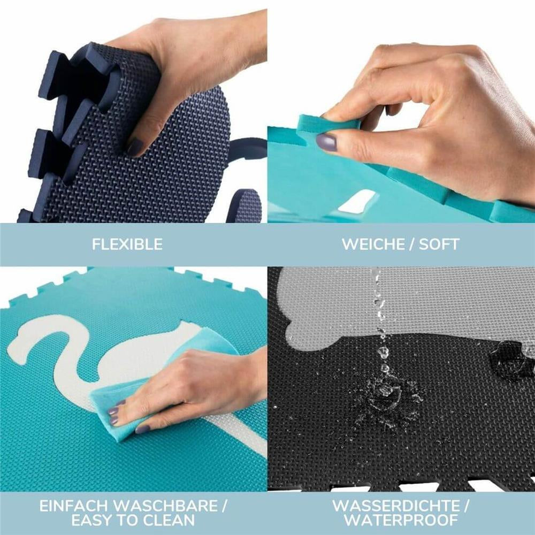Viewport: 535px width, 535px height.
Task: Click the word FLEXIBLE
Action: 127,244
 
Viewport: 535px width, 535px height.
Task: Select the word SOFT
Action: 439,244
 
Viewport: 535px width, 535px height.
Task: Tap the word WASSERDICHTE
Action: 396,506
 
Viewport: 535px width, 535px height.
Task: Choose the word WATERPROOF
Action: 401,521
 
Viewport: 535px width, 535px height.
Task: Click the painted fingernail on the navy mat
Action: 135,147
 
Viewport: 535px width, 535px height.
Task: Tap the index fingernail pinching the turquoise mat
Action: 326,142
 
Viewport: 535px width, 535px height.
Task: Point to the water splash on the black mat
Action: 387,399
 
